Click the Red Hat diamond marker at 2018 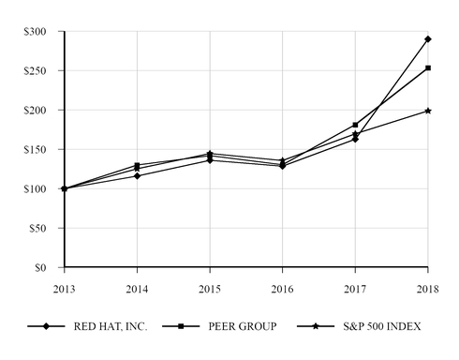[x=428, y=39]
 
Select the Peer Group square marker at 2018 [x=428, y=68]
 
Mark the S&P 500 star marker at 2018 [x=428, y=111]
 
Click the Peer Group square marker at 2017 [x=355, y=125]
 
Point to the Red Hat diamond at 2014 [x=137, y=176]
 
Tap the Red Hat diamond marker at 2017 [x=355, y=140]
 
